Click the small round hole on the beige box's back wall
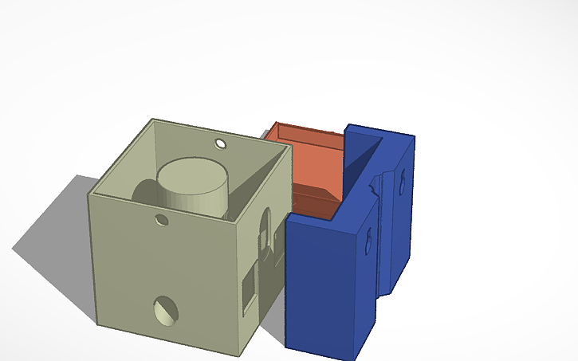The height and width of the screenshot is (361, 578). [x=220, y=144]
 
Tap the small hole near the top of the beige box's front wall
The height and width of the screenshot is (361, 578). [x=163, y=218]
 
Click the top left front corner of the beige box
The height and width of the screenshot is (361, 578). [x=89, y=196]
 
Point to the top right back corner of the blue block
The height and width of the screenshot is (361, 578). [x=416, y=138]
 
